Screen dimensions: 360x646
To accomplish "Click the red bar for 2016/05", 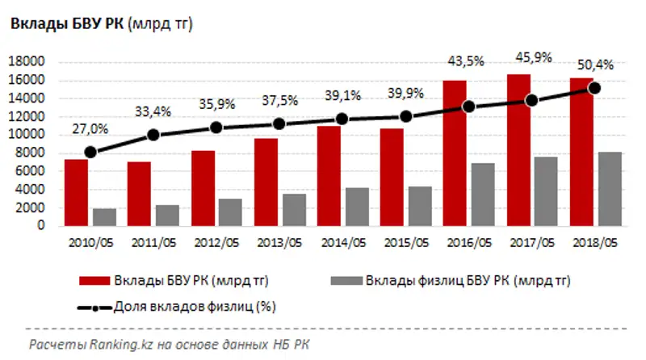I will pyautogui.click(x=454, y=153).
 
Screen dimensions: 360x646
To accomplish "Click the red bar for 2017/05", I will pyautogui.click(x=518, y=150).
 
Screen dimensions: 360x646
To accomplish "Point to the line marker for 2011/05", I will pyautogui.click(x=153, y=135).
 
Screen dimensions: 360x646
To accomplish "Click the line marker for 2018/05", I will pyautogui.click(x=594, y=87).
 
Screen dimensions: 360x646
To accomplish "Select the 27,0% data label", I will pyautogui.click(x=90, y=128).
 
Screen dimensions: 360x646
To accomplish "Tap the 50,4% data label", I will pyautogui.click(x=596, y=64).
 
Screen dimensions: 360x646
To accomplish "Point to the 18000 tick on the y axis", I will pyautogui.click(x=27, y=61).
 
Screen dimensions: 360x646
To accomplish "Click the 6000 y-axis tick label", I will pyautogui.click(x=30, y=171).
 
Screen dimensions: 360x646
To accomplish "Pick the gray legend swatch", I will pyautogui.click(x=347, y=282).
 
